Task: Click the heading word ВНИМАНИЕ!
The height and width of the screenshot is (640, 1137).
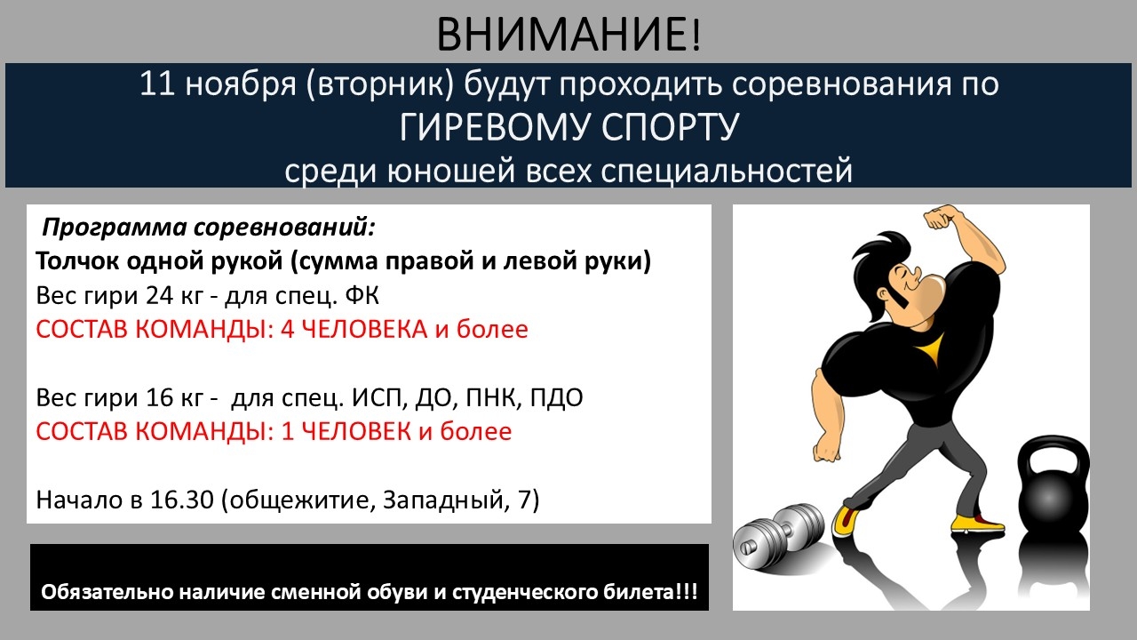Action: tap(568, 35)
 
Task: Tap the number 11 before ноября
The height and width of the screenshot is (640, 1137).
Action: tap(157, 84)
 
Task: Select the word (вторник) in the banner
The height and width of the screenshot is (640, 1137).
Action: tap(379, 84)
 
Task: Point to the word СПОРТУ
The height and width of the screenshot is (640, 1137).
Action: tap(670, 127)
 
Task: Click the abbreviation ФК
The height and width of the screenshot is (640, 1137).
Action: tap(362, 295)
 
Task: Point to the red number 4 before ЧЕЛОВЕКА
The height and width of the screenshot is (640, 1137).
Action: tap(287, 329)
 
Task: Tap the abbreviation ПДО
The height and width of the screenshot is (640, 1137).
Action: tap(557, 397)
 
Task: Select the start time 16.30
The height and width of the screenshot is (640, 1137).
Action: tap(182, 500)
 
